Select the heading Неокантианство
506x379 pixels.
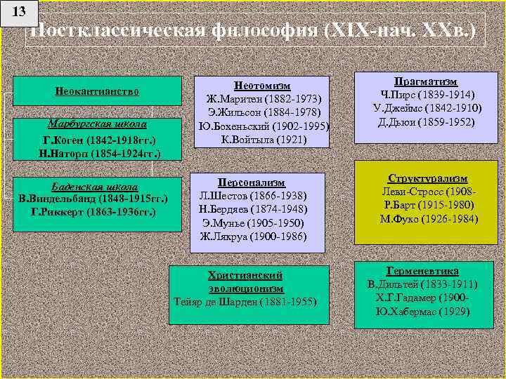tap(97, 91)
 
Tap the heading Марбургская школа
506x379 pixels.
tap(99, 124)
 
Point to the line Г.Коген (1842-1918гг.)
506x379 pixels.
tap(99, 139)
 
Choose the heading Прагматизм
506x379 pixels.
tap(427, 82)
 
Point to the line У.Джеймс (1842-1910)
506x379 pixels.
tap(427, 109)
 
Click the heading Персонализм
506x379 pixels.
tap(261, 181)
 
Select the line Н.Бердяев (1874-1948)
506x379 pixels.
tap(261, 208)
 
